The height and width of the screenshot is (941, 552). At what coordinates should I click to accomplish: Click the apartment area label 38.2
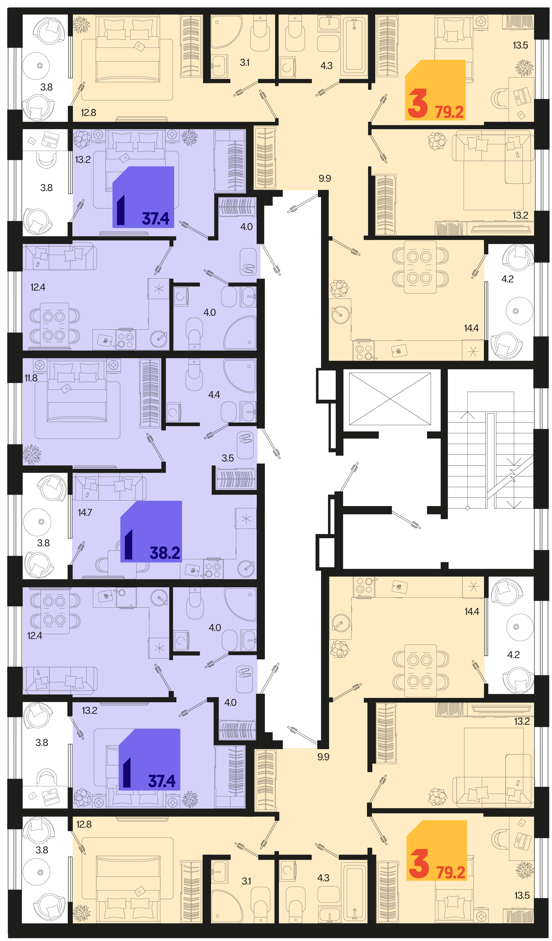click(165, 553)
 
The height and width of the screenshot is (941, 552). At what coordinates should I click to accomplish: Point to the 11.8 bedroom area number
click(31, 378)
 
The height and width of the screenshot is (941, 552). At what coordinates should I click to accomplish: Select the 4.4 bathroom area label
click(214, 395)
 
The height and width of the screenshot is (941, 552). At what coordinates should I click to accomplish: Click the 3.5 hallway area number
click(227, 458)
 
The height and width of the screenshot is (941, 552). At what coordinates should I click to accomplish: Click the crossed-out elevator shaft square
click(390, 399)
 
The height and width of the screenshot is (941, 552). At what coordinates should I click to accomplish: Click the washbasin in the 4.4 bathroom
click(248, 412)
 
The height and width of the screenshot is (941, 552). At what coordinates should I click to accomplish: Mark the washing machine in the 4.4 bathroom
click(173, 412)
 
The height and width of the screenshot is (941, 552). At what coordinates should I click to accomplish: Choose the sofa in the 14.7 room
click(109, 487)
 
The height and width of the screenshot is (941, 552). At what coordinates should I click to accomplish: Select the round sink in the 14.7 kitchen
click(246, 568)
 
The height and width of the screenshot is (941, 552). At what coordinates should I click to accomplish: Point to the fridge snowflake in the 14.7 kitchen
click(246, 519)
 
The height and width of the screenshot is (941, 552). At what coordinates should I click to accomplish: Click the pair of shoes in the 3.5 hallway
click(245, 438)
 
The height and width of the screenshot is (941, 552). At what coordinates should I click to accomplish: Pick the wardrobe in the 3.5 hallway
click(236, 479)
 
